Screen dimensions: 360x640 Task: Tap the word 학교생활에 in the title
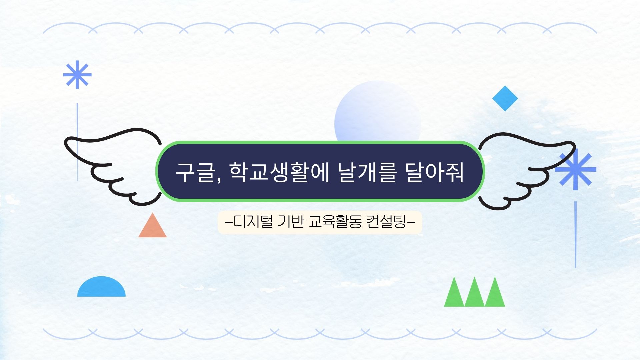[x=279, y=172]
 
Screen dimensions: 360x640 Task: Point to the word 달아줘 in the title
[x=435, y=172]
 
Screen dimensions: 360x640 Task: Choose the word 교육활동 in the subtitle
[x=335, y=222]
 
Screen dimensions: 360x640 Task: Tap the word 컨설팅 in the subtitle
[x=386, y=222]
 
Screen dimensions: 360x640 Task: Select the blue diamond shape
[x=505, y=98]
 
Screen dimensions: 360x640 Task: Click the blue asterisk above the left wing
[x=77, y=75]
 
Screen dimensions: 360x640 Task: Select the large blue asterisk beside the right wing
[x=575, y=170]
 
